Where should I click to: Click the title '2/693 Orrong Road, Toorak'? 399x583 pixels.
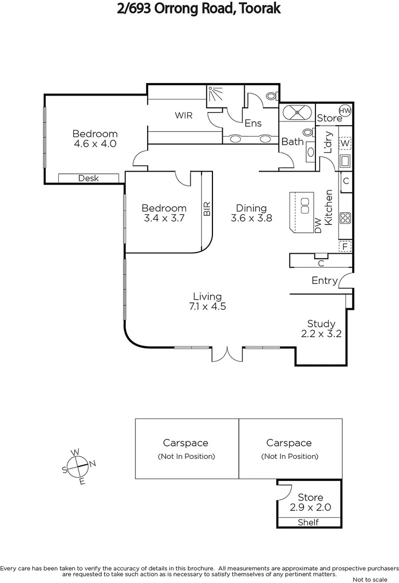pos(200,9)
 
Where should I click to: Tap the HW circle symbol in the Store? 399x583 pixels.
pos(345,111)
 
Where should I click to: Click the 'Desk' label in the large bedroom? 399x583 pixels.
pos(88,178)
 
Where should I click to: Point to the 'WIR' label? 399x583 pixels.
pos(183,116)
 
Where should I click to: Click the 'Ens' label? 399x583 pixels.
pos(253,123)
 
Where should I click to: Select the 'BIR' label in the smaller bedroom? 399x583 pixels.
pos(207,209)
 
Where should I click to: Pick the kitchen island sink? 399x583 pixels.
pos(305,205)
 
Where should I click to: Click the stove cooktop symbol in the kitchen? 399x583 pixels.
pos(345,218)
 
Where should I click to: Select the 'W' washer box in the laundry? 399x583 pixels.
pos(345,144)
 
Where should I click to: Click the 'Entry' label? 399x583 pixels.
pos(325,281)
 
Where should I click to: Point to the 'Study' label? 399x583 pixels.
pos(321,324)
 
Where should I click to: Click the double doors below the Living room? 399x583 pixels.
pos(228,354)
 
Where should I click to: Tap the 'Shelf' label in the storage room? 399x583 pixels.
pos(308,522)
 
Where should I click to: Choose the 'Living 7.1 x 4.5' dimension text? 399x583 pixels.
pos(208,301)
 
